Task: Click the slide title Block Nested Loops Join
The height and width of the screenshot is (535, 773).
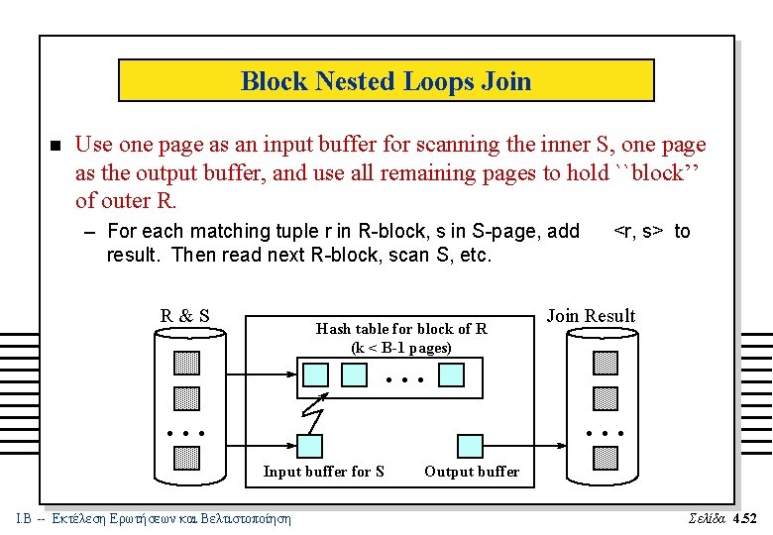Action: tap(386, 81)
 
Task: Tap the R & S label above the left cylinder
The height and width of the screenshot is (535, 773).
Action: tap(185, 316)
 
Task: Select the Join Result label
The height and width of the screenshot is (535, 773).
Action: tap(591, 316)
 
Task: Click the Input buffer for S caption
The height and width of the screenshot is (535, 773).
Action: tap(323, 472)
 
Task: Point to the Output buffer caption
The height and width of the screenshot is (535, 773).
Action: tap(471, 472)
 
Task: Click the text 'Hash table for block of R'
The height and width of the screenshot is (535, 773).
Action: tap(400, 329)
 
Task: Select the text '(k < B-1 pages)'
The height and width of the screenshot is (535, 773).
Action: tap(400, 348)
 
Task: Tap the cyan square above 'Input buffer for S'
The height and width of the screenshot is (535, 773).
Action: tap(310, 446)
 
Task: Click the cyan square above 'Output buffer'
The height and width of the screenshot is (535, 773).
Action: tap(470, 446)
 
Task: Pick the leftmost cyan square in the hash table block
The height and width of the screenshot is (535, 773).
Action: tap(315, 374)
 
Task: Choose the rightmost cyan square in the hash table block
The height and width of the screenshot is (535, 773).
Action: tap(452, 374)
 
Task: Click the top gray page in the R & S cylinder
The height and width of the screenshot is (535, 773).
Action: tap(185, 364)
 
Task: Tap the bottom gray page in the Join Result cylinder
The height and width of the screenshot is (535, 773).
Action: tap(605, 458)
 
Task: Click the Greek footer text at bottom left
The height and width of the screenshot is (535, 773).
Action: tap(154, 518)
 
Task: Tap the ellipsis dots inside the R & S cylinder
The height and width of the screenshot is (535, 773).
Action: tap(185, 434)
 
